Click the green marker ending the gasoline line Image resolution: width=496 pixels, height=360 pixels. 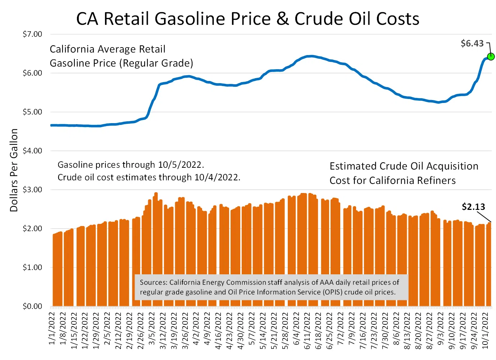tap(491, 57)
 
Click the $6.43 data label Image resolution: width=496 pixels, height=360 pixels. tap(472, 44)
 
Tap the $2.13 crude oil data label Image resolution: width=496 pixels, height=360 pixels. tap(473, 207)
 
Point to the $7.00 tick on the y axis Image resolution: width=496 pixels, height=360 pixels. tap(32, 34)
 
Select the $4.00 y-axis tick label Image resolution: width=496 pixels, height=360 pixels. tap(32, 151)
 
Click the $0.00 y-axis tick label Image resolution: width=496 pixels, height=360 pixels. tap(32, 306)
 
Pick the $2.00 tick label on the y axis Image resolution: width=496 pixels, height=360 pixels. tap(32, 229)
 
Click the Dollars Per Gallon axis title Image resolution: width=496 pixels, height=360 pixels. tap(14, 170)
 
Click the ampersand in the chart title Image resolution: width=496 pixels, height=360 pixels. tap(283, 19)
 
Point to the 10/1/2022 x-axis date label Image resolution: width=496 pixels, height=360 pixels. tap(485, 330)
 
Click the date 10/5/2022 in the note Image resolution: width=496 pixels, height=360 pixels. tap(181, 165)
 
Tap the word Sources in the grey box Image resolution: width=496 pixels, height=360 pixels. tap(153, 282)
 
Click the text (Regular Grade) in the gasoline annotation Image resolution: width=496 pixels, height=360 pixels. tap(156, 63)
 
